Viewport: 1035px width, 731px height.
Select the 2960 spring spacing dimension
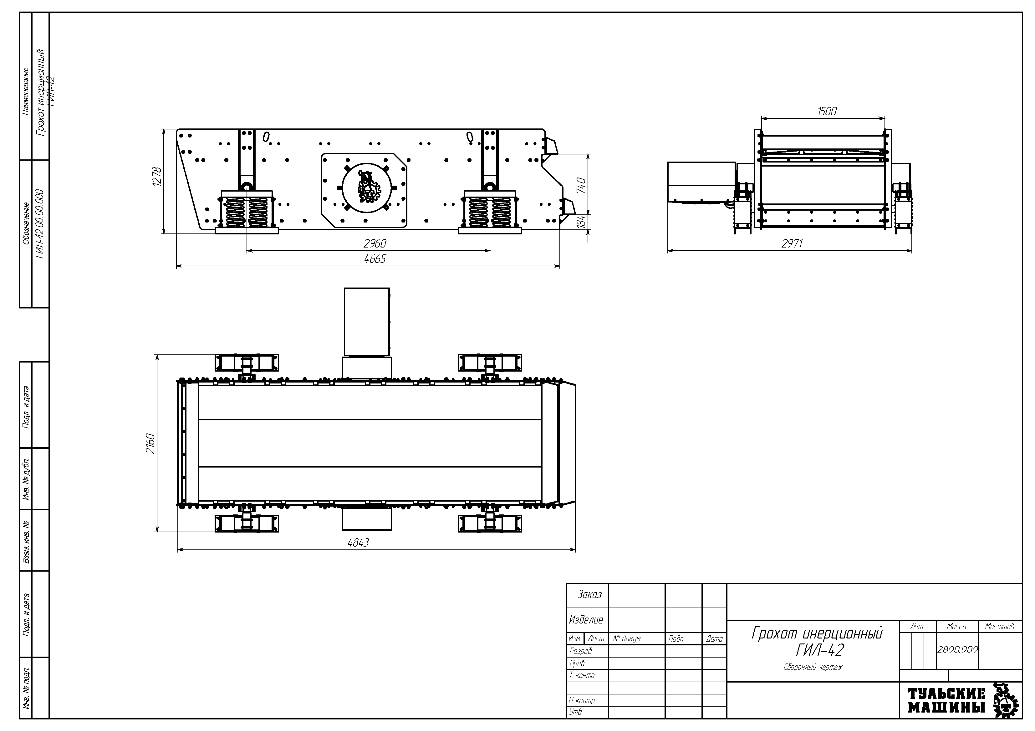click(x=375, y=244)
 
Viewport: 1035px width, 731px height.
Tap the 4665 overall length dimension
click(x=375, y=259)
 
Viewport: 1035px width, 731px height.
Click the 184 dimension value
click(x=582, y=222)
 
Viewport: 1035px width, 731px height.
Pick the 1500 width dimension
click(x=827, y=111)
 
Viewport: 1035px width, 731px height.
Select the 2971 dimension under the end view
click(x=792, y=244)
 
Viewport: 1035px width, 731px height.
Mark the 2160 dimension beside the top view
click(x=150, y=444)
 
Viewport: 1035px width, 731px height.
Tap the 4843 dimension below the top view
click(x=358, y=543)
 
